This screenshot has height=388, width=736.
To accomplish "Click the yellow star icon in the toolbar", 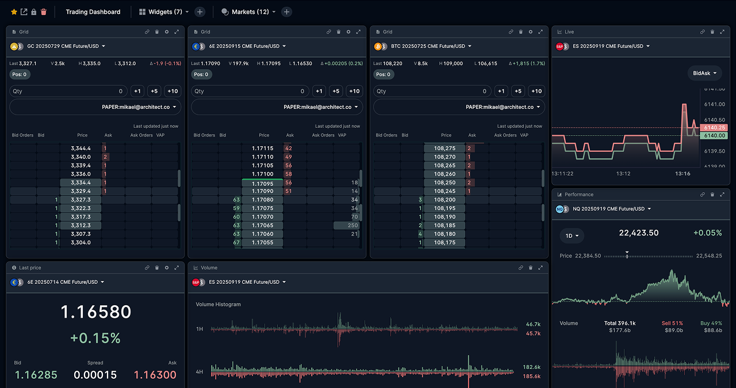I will (14, 12).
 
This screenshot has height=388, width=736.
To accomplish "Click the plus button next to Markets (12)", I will (287, 12).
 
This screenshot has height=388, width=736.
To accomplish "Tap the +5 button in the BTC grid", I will (518, 91).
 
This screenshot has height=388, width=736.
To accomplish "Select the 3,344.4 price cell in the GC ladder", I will (80, 149).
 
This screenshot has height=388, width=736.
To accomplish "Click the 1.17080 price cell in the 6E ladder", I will (263, 200).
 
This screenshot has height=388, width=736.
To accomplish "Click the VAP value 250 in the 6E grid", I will (346, 226).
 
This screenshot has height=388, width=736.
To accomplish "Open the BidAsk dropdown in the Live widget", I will (705, 73).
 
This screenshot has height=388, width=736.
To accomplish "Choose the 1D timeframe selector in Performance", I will (572, 235).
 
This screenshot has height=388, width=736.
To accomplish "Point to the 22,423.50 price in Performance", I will (638, 233).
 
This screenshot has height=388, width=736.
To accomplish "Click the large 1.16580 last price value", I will (96, 312).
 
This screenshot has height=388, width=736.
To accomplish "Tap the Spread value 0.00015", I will (95, 375).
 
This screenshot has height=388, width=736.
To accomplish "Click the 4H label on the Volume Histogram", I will (200, 372).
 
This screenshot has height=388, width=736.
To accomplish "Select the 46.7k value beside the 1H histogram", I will (532, 325).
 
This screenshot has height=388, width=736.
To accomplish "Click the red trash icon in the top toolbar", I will (44, 12).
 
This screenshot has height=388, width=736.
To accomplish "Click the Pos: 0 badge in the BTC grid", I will (384, 74).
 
